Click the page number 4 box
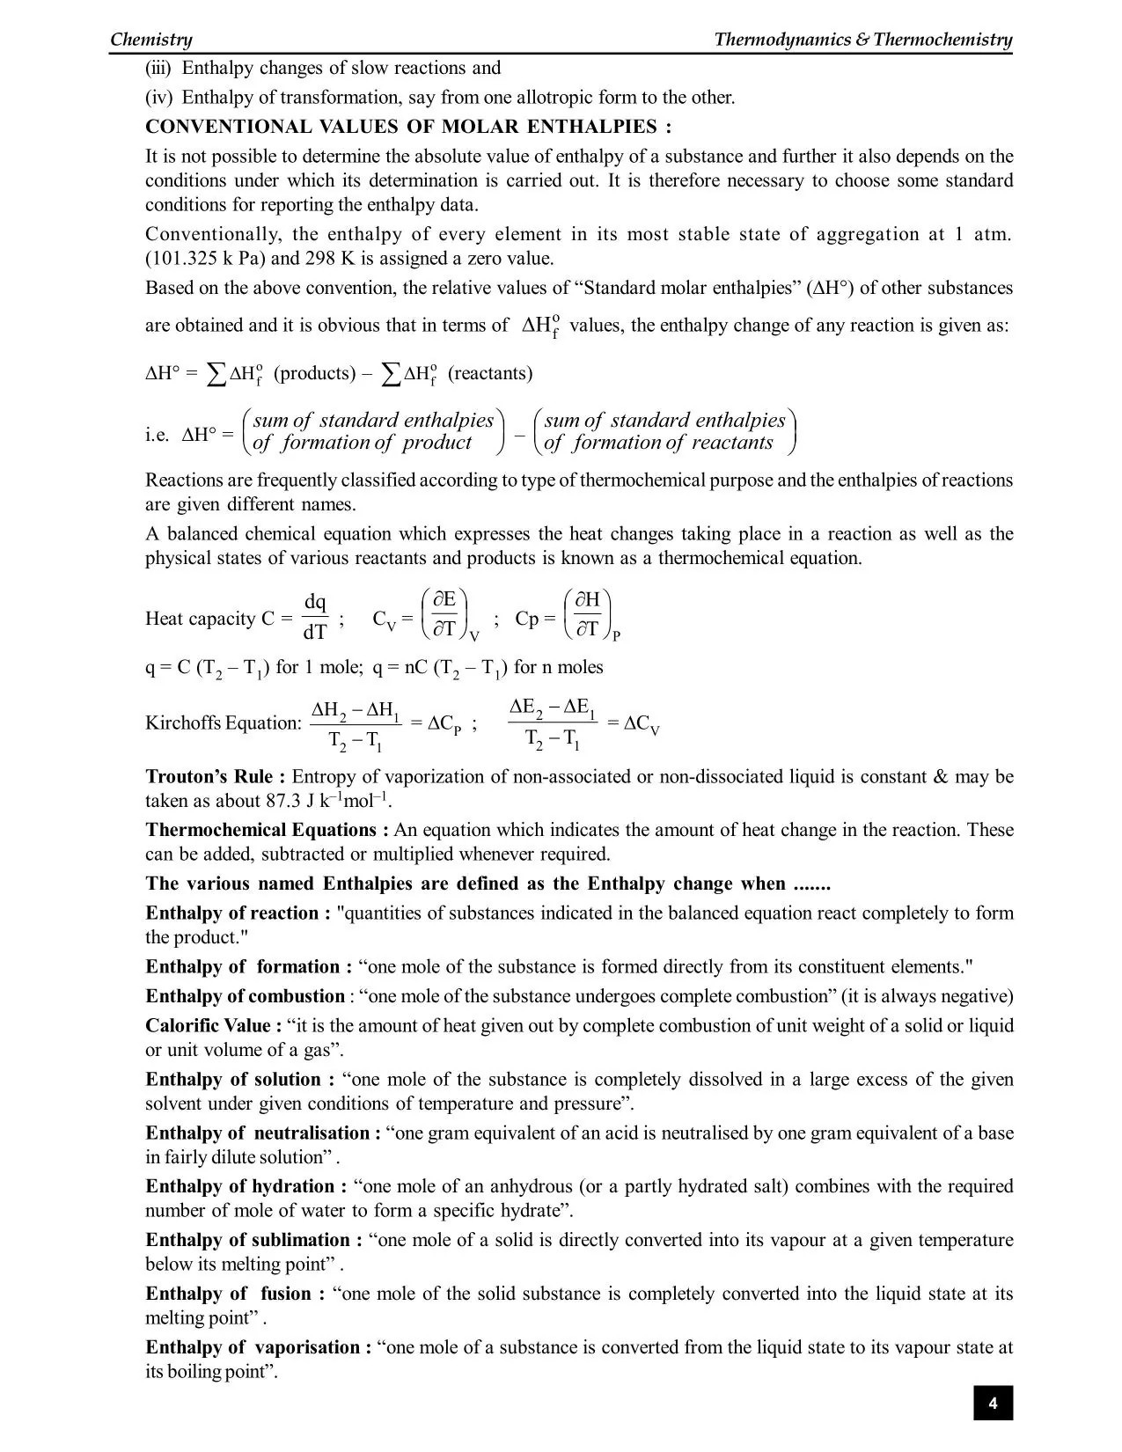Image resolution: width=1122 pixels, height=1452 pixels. (992, 1404)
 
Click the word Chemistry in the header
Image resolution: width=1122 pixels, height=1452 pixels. (151, 40)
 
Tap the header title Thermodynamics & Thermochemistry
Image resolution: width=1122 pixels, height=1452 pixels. (862, 40)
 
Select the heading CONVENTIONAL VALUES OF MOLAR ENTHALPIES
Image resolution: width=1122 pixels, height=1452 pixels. (408, 127)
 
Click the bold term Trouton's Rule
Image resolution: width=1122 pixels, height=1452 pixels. (215, 777)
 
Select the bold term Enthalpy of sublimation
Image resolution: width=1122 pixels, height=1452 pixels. (253, 1241)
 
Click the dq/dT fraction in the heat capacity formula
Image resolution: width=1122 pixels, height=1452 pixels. (315, 617)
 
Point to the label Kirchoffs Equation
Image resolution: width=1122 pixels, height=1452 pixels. (224, 723)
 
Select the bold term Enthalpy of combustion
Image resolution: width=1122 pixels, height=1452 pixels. (245, 997)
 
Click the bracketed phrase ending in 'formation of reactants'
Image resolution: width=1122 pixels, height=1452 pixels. (665, 431)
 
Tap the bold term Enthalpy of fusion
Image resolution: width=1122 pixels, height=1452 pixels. (234, 1294)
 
